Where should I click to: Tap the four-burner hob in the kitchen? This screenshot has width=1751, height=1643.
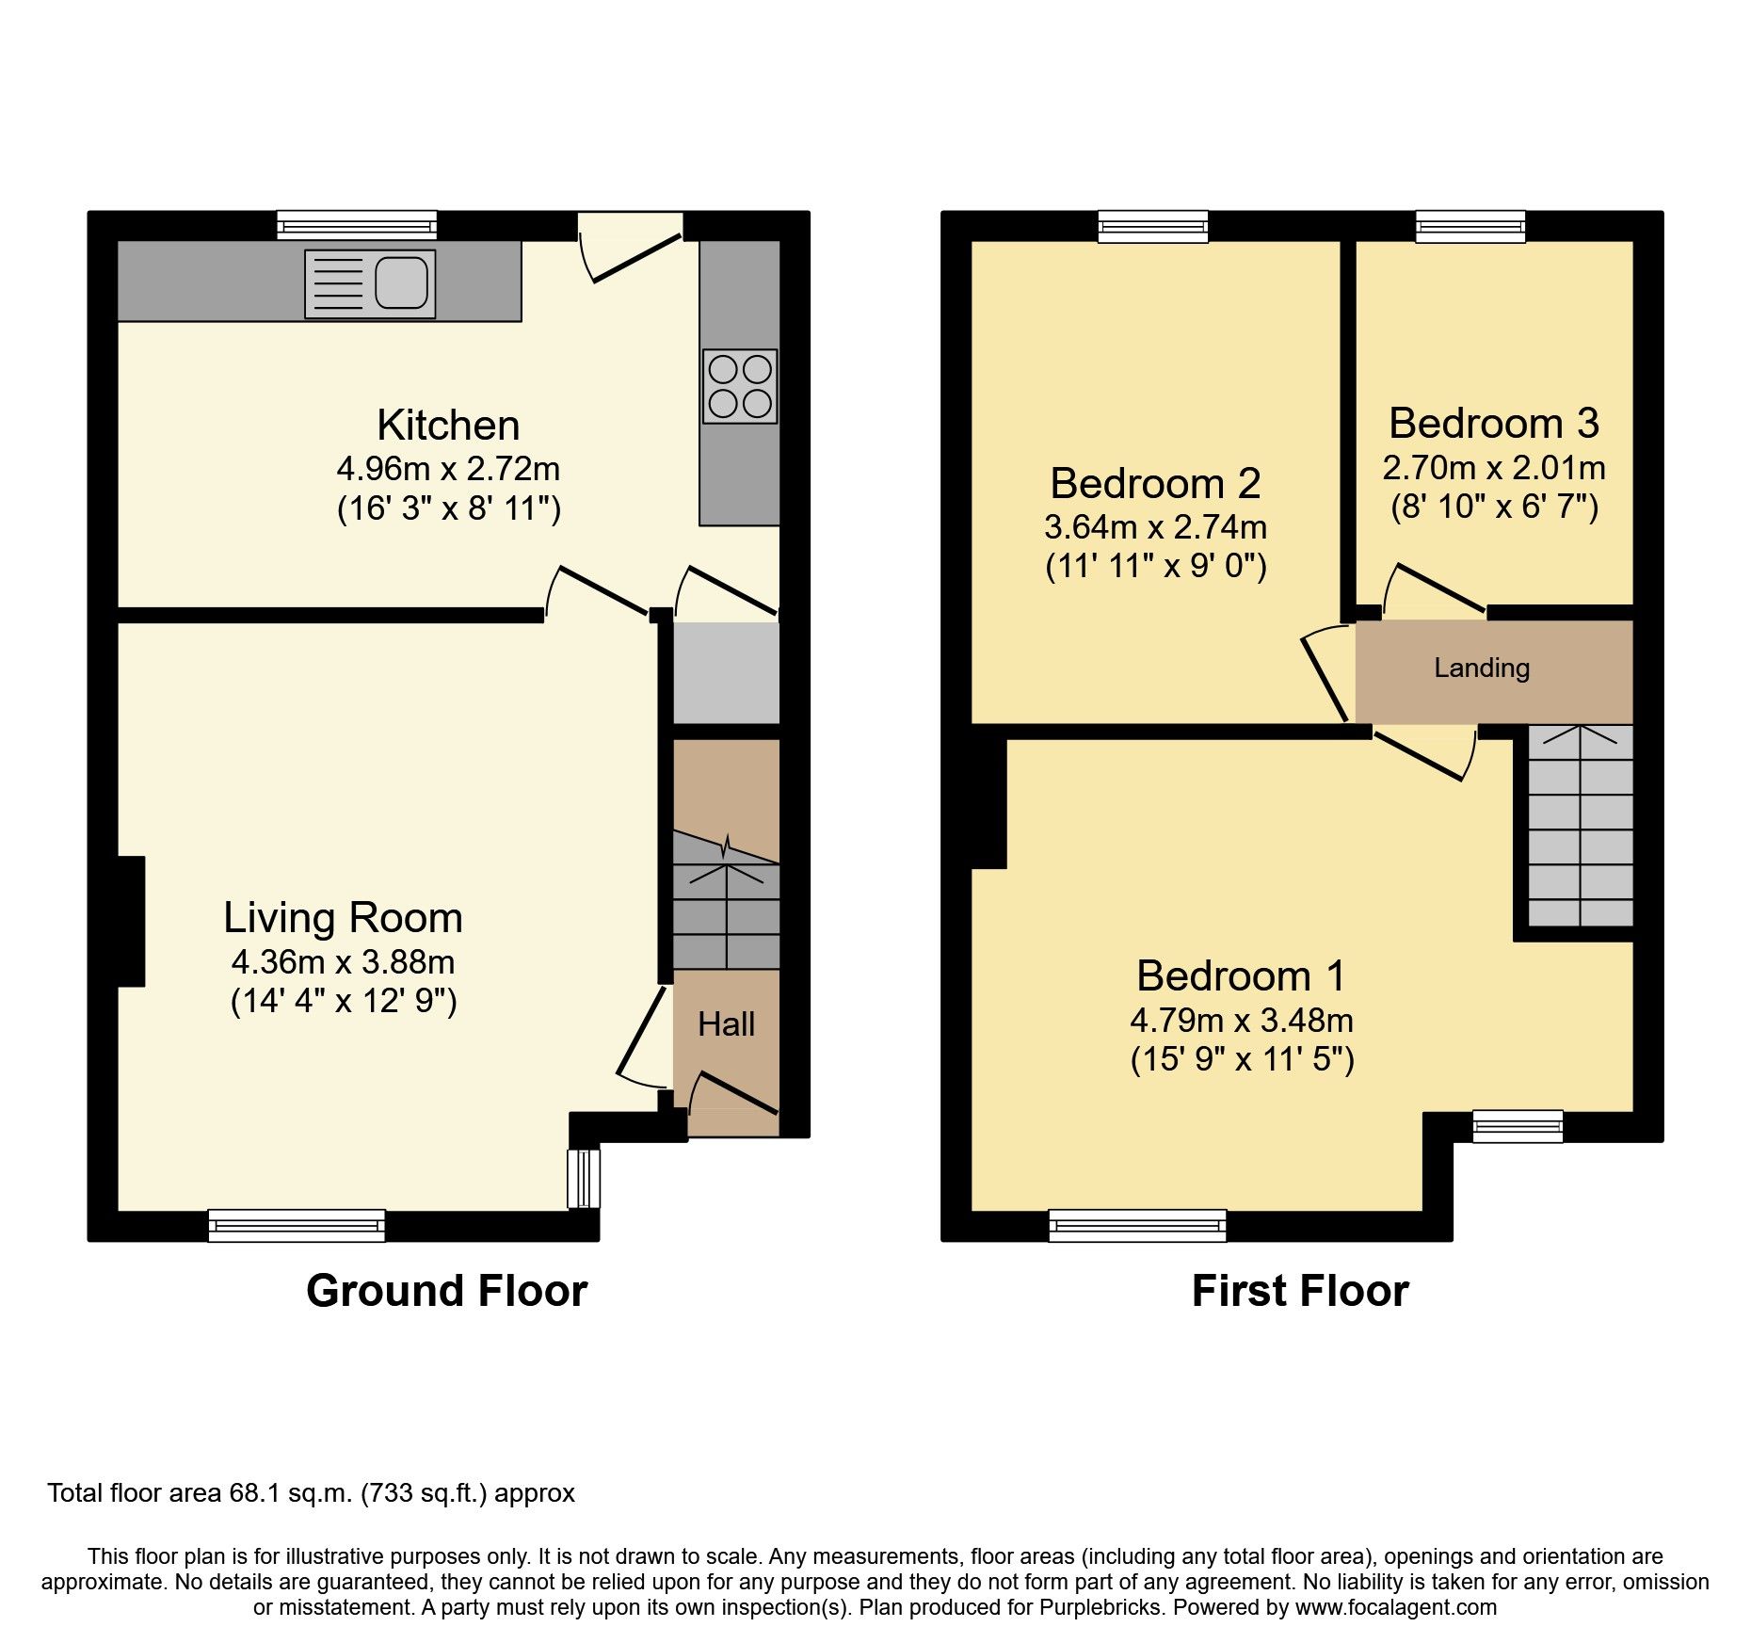coord(740,386)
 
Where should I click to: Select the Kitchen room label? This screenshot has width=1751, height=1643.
coord(448,426)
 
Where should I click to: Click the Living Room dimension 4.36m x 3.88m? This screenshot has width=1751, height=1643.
coord(344,962)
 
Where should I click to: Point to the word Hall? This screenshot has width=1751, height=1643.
coord(726,1024)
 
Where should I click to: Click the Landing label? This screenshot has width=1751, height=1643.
coord(1482,668)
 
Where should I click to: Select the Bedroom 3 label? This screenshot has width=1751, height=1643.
coord(1494,424)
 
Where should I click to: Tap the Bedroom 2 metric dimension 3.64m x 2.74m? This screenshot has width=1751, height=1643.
coord(1155,527)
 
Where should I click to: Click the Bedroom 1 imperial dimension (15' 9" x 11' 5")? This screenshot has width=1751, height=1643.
coord(1242,1060)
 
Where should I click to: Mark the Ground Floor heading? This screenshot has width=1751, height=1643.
coord(447,1291)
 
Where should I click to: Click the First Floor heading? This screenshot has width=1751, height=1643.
coord(1300,1291)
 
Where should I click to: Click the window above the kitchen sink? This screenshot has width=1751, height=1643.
coord(358,225)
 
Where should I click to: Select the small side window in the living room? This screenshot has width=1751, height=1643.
coord(584,1177)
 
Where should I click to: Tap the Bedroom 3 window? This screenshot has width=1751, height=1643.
coord(1470,225)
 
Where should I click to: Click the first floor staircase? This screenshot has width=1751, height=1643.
coord(1580,829)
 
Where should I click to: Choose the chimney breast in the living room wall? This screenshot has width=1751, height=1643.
coord(130,921)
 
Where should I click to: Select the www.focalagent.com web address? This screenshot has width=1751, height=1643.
coord(1396,1607)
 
